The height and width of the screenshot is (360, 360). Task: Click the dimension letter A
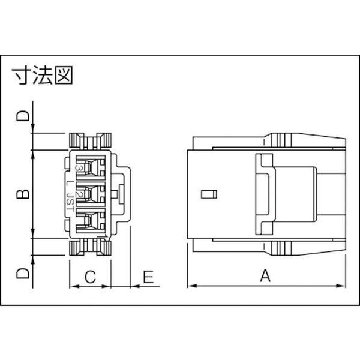pos(265,276)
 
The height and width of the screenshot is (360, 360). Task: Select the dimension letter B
pos(23,194)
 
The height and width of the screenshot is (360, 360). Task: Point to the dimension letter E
pos(148,277)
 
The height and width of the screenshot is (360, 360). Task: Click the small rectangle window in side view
pos(208,194)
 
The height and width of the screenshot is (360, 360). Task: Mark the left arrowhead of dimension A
pos(191,286)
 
